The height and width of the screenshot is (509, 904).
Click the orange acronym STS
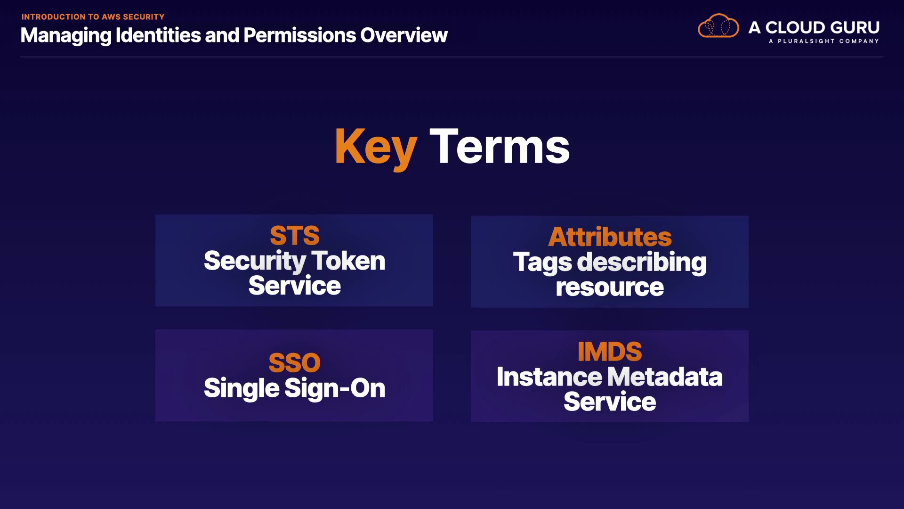pyautogui.click(x=295, y=236)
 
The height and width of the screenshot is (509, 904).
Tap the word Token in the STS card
pyautogui.click(x=348, y=261)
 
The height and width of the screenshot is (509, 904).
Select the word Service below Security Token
pyautogui.click(x=295, y=286)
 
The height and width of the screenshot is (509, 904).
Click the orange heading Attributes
pyautogui.click(x=610, y=237)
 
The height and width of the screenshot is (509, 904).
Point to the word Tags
pyautogui.click(x=542, y=263)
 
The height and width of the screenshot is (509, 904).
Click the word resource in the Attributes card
pyautogui.click(x=610, y=287)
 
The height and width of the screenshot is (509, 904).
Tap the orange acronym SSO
pyautogui.click(x=295, y=363)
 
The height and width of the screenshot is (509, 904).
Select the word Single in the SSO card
pyautogui.click(x=242, y=388)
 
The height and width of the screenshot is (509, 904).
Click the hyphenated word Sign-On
pyautogui.click(x=335, y=388)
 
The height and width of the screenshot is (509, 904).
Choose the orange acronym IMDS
pyautogui.click(x=610, y=352)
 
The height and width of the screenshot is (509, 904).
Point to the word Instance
pyautogui.click(x=549, y=377)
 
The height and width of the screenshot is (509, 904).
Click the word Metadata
pyautogui.click(x=665, y=377)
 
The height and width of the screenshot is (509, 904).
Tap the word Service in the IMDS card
pyautogui.click(x=610, y=402)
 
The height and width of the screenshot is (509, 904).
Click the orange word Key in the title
pyautogui.click(x=376, y=148)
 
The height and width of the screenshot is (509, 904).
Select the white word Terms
pyautogui.click(x=500, y=147)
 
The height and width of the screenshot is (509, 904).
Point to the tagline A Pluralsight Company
pyautogui.click(x=824, y=41)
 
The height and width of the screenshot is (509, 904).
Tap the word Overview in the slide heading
pyautogui.click(x=404, y=35)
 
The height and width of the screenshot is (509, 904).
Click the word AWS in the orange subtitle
pyautogui.click(x=111, y=17)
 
